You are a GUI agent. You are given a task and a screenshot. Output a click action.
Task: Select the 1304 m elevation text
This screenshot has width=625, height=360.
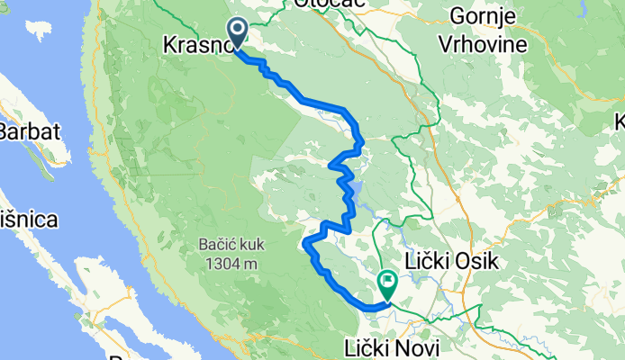pyautogui.click(x=231, y=264)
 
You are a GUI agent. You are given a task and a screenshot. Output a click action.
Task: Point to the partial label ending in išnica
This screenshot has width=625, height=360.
pyautogui.click(x=27, y=219)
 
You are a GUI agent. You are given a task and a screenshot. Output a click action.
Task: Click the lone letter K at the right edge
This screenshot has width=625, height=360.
pyautogui.click(x=619, y=121)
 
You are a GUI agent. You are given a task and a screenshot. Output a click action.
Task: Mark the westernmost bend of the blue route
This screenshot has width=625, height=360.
pyautogui.click(x=306, y=242)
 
